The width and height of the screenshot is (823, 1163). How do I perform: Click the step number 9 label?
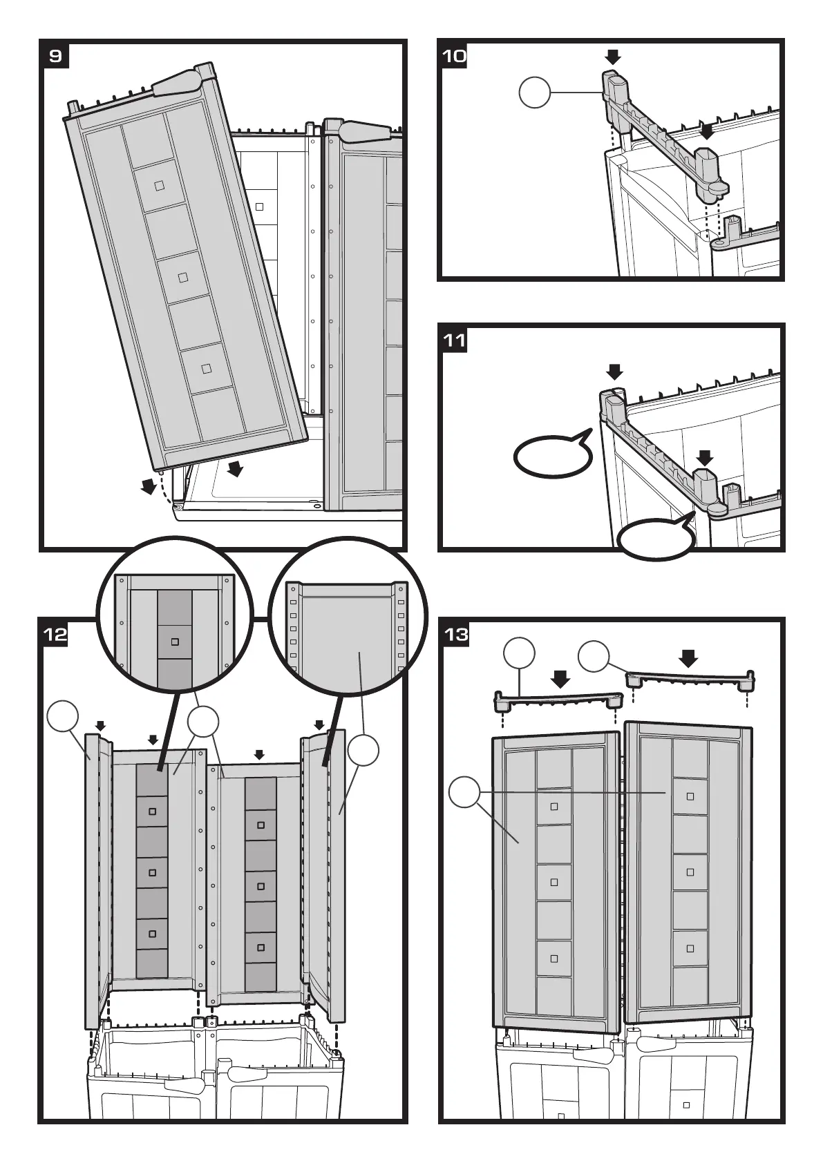point(56,55)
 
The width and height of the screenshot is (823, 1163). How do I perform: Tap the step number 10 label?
point(453,55)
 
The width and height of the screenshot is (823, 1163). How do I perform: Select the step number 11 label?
point(454,340)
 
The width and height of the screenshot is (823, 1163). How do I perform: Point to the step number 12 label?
point(55,633)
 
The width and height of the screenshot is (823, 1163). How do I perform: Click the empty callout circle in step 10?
point(535,93)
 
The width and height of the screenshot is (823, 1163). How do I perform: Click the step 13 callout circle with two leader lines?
point(464,791)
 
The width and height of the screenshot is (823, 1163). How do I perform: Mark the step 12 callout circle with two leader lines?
point(203,722)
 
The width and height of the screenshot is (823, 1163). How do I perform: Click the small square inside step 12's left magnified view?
point(175,642)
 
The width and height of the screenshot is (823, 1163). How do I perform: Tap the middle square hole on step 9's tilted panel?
point(183,277)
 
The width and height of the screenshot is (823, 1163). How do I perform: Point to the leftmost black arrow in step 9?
point(148,487)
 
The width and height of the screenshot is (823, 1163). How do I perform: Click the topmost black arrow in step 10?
point(613,57)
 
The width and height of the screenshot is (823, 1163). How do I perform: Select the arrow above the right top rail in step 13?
point(688,657)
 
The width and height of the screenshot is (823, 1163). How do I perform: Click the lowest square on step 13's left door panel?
point(554,958)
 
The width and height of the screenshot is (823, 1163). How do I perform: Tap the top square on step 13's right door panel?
point(690,796)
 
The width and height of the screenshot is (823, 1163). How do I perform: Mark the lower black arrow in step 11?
point(704,457)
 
